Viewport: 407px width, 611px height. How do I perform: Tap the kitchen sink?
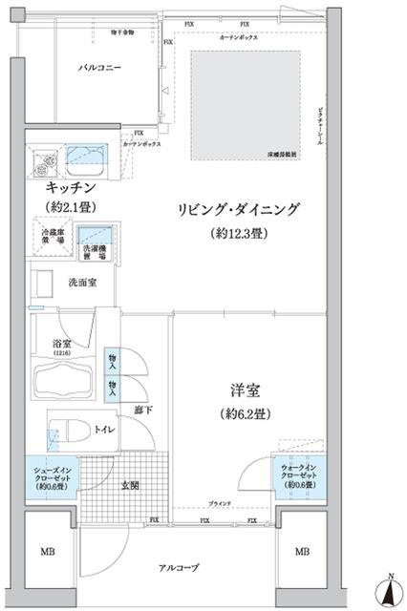click(x=89, y=156)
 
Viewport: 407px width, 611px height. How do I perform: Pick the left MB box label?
click(x=46, y=553)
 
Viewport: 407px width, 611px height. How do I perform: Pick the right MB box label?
click(x=301, y=553)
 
